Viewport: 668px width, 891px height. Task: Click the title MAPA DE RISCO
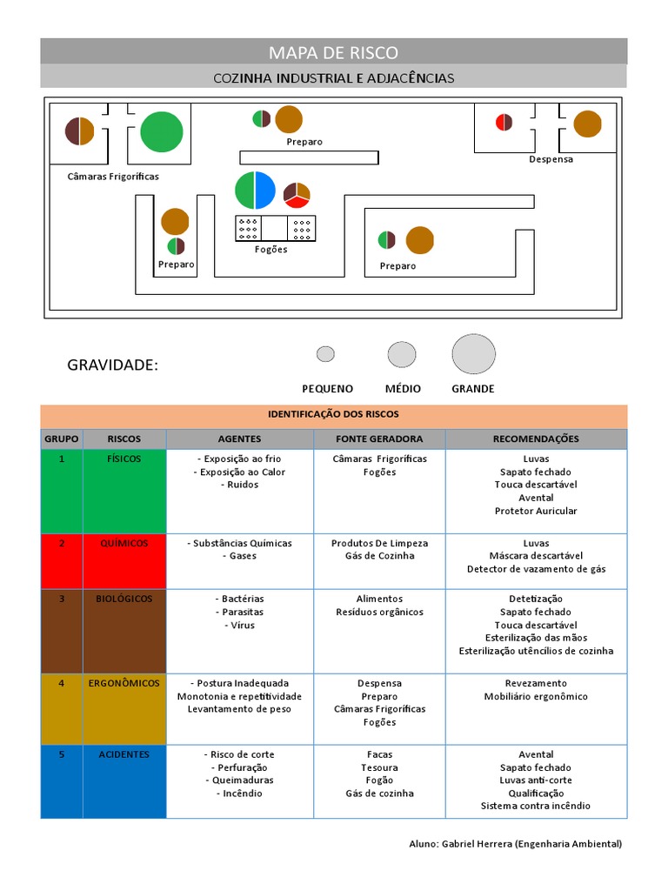coord(333,52)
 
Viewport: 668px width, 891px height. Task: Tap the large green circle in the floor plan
coord(161,132)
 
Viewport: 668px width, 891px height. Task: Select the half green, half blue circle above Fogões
coord(255,191)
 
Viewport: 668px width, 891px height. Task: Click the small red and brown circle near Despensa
coord(504,122)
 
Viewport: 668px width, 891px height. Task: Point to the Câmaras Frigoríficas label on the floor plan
coord(113,176)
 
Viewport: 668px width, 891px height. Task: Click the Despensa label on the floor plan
coord(551,159)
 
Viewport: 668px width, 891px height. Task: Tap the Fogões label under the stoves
coord(271,249)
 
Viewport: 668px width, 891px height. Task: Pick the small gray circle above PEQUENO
coord(325,354)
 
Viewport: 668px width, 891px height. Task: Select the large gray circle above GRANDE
coord(473,354)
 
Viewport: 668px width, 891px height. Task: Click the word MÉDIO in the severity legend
coord(403,389)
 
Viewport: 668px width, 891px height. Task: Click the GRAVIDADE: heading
coord(113,365)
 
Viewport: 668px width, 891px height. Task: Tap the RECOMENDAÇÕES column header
coord(535,439)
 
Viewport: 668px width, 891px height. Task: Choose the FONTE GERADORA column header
coord(379,439)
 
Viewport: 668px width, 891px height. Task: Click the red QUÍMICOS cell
coord(124,543)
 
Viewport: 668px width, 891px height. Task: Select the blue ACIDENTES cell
coord(124,754)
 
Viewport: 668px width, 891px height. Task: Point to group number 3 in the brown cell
coord(62,599)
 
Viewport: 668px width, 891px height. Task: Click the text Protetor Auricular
coord(535,511)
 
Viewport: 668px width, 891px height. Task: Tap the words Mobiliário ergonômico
coord(535,696)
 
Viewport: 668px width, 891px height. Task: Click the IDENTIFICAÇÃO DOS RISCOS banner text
coord(333,414)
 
